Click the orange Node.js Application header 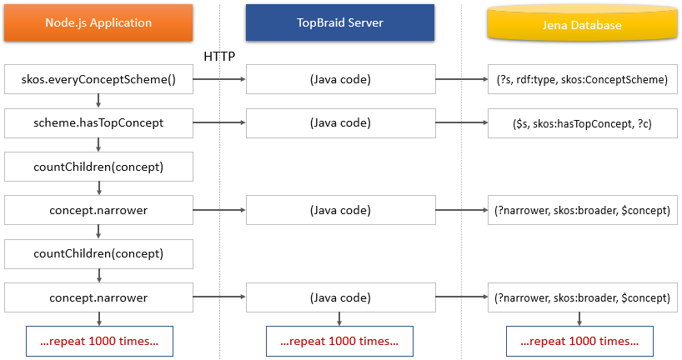[98, 23]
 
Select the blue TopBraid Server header [339, 23]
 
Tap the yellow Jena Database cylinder [579, 24]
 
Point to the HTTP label [220, 56]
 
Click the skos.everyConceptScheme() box [98, 80]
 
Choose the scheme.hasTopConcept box [98, 122]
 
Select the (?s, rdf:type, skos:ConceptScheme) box [579, 80]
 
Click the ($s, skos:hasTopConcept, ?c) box [579, 122]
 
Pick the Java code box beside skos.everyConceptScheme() [339, 80]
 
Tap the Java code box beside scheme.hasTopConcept [339, 122]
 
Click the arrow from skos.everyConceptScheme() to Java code [218, 80]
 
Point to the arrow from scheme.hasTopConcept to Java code [218, 122]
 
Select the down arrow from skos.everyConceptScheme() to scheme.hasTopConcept [98, 102]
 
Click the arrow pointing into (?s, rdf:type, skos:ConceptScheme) [460, 80]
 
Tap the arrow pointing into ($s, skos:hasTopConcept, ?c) [460, 122]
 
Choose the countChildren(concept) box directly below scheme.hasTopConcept [98, 167]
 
